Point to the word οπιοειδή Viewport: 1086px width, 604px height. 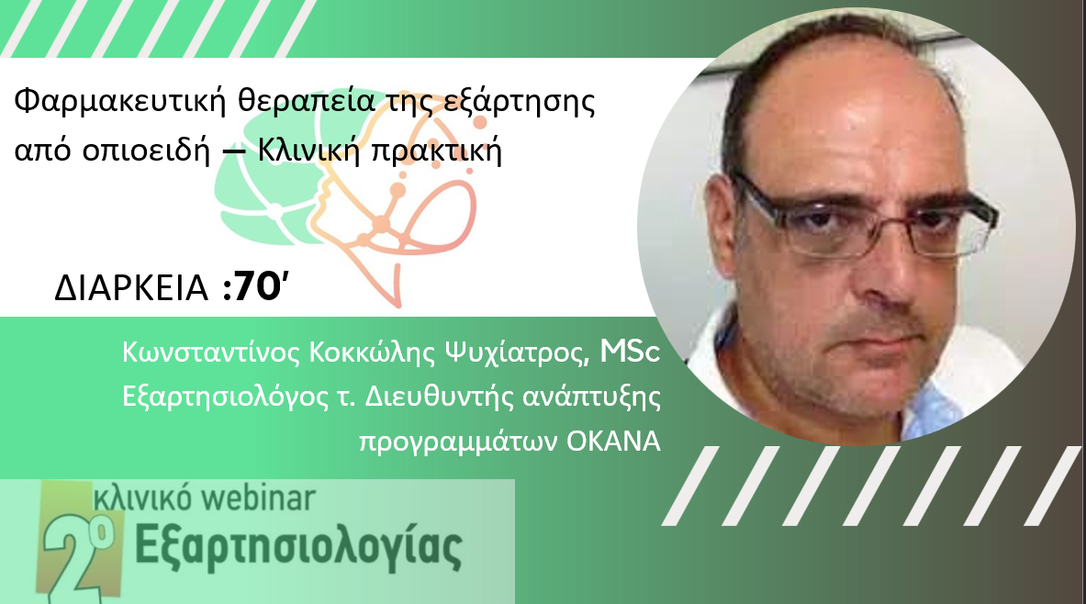pos(146,150)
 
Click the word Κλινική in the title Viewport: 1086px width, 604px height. pos(309,150)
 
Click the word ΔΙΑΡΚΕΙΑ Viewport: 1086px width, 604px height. pos(131,287)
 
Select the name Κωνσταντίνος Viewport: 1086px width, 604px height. pos(211,352)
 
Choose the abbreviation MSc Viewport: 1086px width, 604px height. pos(630,352)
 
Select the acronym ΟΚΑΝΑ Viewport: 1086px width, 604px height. pos(613,442)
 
